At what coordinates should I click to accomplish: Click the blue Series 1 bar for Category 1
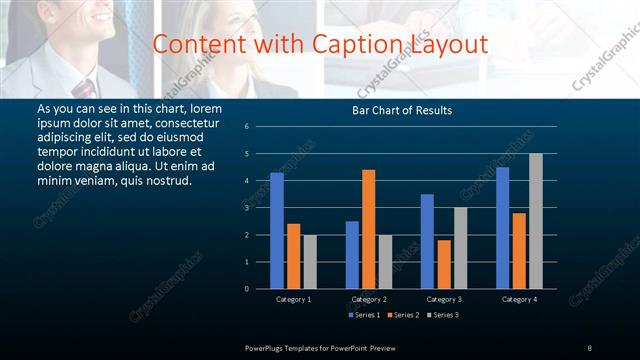(277, 231)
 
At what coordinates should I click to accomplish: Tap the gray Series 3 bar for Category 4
(536, 221)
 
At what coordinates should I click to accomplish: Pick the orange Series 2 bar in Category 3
(444, 264)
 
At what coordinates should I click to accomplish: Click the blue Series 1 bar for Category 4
(502, 228)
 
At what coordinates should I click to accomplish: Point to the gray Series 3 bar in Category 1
(310, 262)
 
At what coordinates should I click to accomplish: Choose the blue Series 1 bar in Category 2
(352, 255)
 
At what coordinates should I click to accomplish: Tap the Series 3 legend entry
(442, 315)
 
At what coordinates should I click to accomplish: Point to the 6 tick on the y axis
(260, 127)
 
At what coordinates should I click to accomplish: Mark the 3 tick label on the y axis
(260, 208)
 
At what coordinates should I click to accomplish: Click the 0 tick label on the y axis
(260, 289)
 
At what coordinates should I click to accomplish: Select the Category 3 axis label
(444, 299)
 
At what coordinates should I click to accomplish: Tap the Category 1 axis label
(294, 299)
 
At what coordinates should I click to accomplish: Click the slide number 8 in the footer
(589, 347)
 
